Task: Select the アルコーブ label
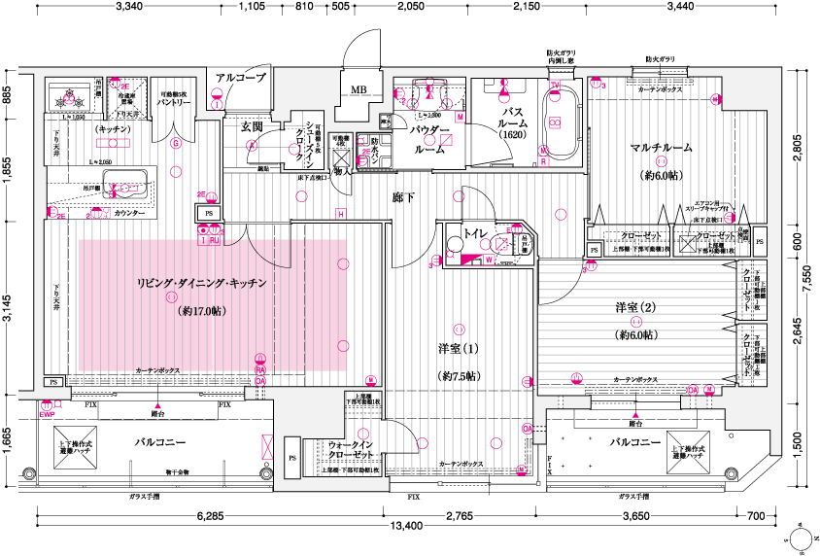tap(241, 78)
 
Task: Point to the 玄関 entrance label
tap(239, 126)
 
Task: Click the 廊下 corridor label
tap(403, 197)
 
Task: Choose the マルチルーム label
tap(661, 148)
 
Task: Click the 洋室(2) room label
tap(635, 308)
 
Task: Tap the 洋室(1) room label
tap(459, 348)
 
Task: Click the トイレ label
tap(475, 233)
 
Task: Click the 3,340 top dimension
tap(129, 8)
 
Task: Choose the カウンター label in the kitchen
tap(129, 212)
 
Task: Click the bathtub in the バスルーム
tap(556, 122)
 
